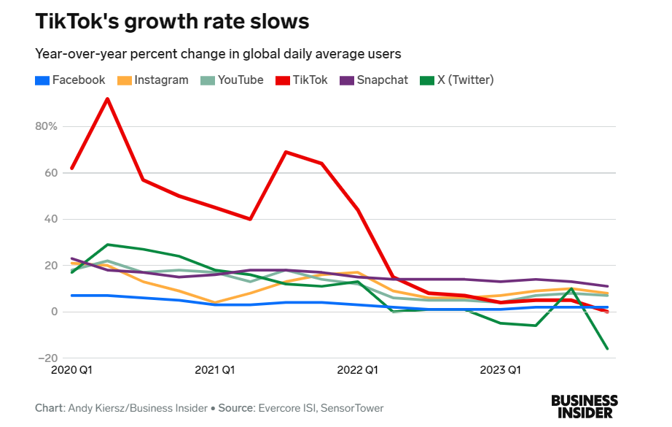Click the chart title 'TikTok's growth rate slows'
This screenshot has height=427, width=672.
172,21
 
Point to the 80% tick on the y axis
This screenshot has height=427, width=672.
47,126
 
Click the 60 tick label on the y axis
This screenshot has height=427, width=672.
50,173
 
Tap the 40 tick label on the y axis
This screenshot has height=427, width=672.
50,219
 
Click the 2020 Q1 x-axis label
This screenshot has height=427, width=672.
72,370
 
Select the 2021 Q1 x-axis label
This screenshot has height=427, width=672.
214,370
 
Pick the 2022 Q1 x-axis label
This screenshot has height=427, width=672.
357,370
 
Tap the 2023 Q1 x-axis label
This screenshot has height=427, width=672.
499,370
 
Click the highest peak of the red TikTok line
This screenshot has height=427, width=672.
108,99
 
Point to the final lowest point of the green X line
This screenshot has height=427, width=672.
607,349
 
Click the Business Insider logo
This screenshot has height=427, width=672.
584,407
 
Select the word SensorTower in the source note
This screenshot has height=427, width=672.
352,408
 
